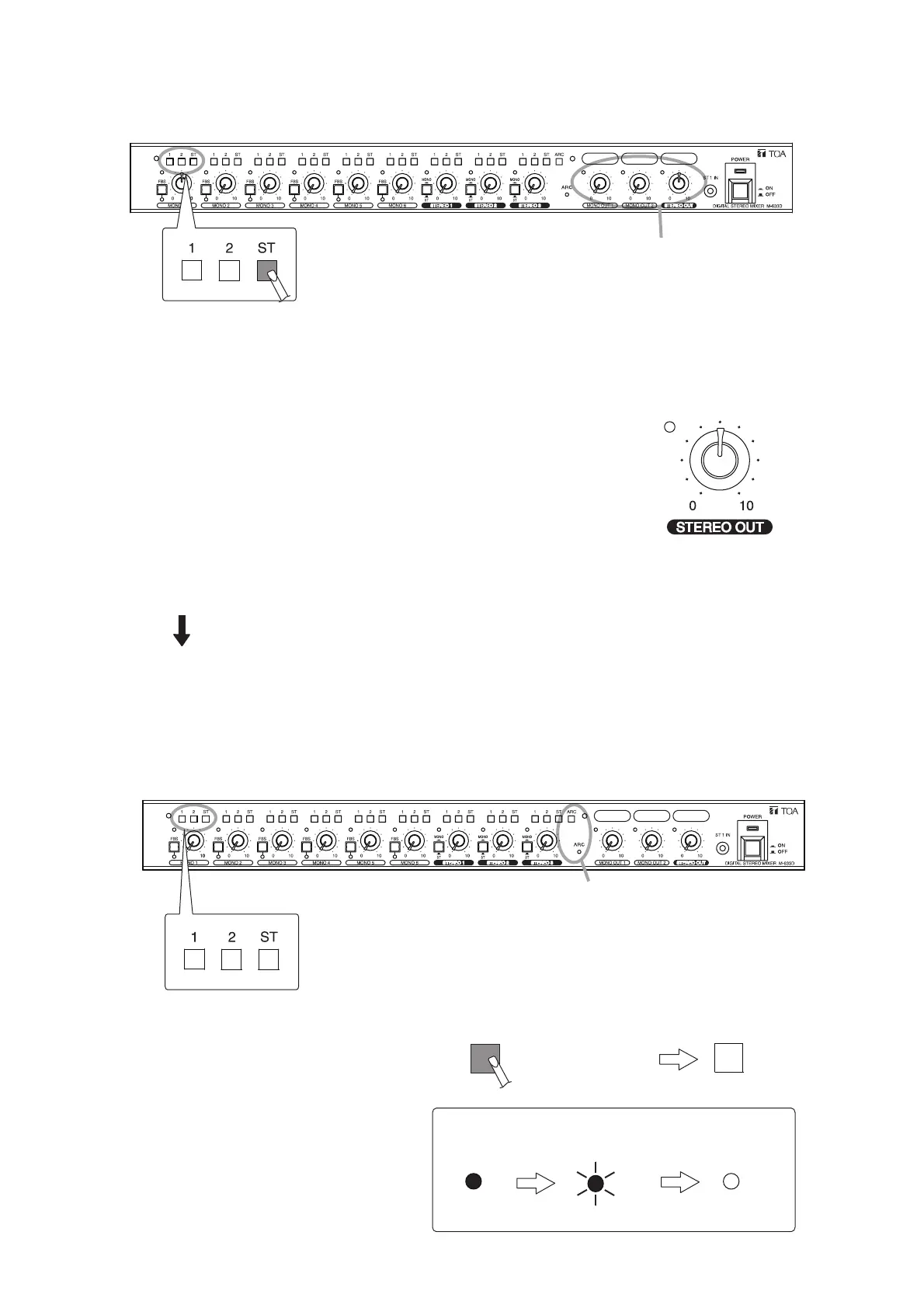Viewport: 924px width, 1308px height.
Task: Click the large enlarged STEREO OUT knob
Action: point(720,459)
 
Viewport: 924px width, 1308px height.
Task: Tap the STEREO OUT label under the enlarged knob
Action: point(720,527)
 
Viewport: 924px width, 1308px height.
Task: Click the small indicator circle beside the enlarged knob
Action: point(670,427)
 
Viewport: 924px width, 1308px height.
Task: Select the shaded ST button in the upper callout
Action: point(268,270)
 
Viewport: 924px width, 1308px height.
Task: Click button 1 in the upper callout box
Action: point(191,270)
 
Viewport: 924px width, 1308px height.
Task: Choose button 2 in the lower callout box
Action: point(231,959)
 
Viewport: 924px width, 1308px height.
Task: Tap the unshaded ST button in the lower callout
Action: point(268,959)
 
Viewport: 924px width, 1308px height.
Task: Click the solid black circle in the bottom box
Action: point(473,1181)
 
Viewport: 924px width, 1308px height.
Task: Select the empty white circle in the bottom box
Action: point(731,1181)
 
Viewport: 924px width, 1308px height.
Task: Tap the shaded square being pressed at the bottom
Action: point(485,1059)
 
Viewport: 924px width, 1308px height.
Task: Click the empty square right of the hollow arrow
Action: point(728,1058)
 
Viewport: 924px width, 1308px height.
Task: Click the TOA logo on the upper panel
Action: point(769,153)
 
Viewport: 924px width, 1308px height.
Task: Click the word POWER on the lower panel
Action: point(752,816)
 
